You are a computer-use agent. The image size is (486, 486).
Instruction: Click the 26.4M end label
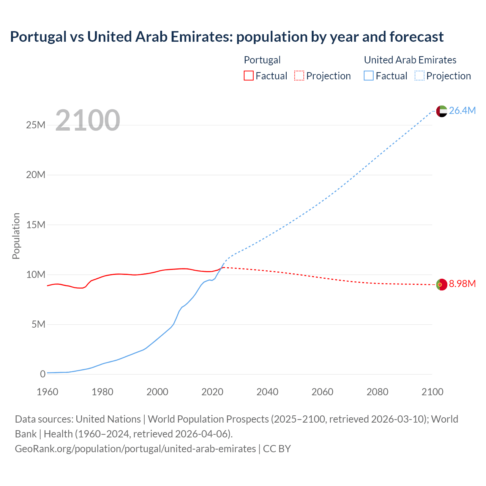point(462,110)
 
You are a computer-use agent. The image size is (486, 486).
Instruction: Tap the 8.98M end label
point(462,284)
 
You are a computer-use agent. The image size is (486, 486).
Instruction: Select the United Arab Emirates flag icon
point(442,111)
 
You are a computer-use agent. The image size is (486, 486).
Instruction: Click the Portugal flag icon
point(442,284)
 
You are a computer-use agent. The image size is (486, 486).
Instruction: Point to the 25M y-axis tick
point(36,125)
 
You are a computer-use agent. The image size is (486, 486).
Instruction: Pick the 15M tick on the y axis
point(36,225)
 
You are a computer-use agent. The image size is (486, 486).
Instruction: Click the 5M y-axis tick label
point(38,324)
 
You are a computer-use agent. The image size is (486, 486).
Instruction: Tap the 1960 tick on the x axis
point(47,392)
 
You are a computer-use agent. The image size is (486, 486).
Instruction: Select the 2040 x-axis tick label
point(267,392)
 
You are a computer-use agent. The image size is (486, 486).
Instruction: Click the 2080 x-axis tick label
point(377,392)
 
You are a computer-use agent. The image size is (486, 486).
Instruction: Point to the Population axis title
point(16,236)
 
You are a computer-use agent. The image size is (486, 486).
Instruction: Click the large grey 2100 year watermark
point(88,120)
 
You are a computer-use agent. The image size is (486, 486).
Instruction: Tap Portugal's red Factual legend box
point(249,76)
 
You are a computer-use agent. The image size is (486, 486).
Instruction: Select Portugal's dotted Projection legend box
point(299,76)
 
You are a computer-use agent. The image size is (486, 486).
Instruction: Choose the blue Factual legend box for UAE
point(369,76)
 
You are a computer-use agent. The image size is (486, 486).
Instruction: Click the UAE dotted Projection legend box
point(420,76)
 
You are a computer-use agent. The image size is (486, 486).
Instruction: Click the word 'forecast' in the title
point(417,37)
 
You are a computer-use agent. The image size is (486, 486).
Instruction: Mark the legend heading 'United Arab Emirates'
point(410,60)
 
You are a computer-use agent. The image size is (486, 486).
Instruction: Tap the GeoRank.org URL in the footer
point(135,449)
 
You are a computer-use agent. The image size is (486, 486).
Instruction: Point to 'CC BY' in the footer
point(277,449)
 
